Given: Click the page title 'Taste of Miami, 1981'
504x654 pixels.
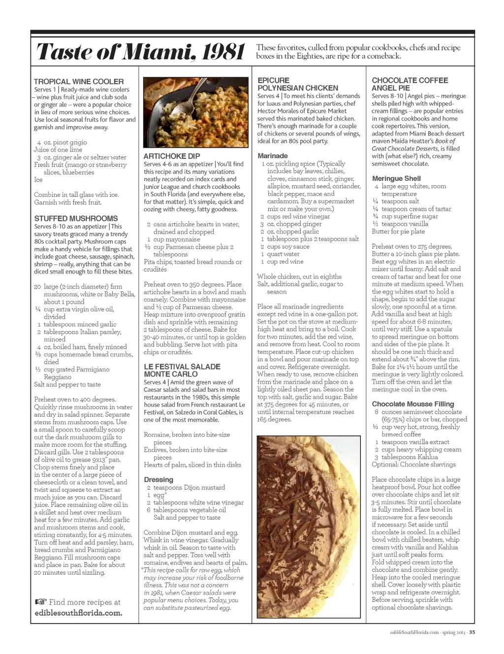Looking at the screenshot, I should click(141, 52).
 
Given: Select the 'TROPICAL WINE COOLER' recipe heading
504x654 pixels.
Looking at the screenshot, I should click(79, 82).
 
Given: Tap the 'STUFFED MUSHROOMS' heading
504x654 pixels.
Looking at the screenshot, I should click(76, 218).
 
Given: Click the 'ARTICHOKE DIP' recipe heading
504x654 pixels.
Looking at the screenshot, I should click(172, 156).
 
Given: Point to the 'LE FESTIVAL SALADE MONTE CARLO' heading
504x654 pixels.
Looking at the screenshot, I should click(182, 371).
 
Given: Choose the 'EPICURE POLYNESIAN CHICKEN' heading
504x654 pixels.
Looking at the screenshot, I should click(298, 84).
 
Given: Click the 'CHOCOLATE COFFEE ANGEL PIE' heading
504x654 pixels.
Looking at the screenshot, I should click(409, 84).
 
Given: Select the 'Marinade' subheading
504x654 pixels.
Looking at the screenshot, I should click(273, 156).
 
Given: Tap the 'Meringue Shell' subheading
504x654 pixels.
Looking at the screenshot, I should click(396, 179).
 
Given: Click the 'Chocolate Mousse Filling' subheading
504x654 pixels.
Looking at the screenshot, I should click(413, 404).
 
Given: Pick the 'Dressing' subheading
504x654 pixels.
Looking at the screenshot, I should click(158, 480).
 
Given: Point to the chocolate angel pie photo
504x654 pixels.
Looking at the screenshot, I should click(309, 527).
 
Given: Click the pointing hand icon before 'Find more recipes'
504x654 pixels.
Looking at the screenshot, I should click(41, 602).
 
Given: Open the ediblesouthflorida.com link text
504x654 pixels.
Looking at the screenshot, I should click(78, 613).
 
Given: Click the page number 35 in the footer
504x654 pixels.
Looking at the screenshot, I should click(472, 633).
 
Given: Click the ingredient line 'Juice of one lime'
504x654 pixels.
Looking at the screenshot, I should click(58, 150).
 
